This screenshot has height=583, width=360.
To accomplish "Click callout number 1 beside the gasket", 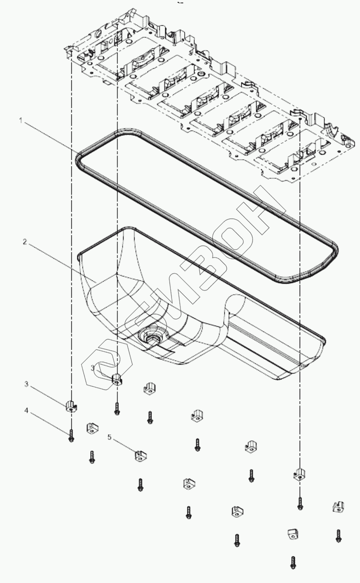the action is click(20, 120).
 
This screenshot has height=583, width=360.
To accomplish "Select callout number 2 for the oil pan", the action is click(25, 242).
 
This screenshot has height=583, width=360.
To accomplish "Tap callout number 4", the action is click(26, 411).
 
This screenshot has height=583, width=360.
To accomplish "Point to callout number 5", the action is click(110, 437).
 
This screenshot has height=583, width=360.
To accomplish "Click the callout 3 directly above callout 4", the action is click(26, 384).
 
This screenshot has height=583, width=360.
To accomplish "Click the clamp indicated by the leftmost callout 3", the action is click(71, 407).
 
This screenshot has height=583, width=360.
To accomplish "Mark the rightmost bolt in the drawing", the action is click(338, 535).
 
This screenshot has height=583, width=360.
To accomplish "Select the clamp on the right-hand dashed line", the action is click(299, 474).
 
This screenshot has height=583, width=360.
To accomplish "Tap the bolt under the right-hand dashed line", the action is click(300, 503).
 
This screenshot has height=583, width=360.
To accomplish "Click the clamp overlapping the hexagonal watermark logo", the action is click(116, 379).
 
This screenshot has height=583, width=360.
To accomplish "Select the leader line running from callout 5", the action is click(124, 446).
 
